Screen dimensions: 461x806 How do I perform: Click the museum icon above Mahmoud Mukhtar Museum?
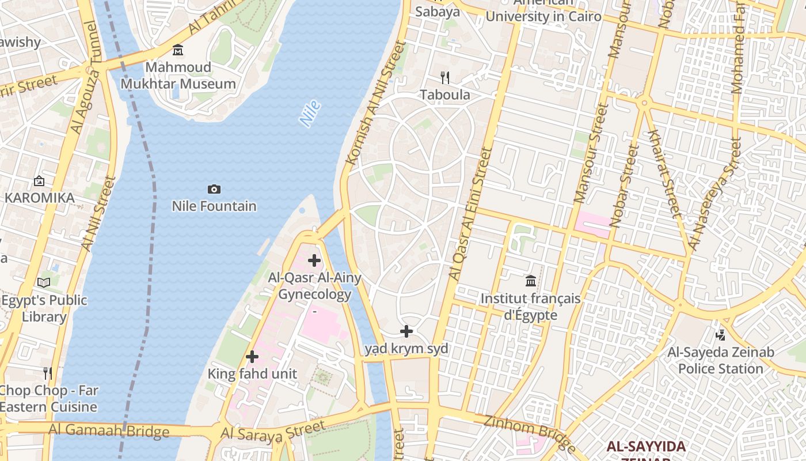click(x=178, y=50)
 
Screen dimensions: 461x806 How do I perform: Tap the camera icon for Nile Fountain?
click(x=214, y=189)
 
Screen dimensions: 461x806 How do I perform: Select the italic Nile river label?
click(x=310, y=114)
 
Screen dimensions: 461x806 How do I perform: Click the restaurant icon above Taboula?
click(x=444, y=77)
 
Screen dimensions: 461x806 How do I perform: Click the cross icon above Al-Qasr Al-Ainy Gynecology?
click(x=314, y=260)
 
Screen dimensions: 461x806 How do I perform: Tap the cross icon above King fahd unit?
click(x=252, y=357)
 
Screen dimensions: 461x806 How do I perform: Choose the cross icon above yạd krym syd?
click(x=406, y=331)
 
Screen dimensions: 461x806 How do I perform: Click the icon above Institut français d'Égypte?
click(x=531, y=281)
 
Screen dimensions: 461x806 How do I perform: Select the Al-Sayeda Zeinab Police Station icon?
click(x=720, y=335)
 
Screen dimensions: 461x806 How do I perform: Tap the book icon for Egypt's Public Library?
click(x=44, y=282)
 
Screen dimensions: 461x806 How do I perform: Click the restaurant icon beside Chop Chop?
click(x=48, y=373)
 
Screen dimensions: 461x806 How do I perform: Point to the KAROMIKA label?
click(x=39, y=198)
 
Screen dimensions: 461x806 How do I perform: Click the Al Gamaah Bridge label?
click(x=109, y=430)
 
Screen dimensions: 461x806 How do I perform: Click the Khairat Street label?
click(x=664, y=173)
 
